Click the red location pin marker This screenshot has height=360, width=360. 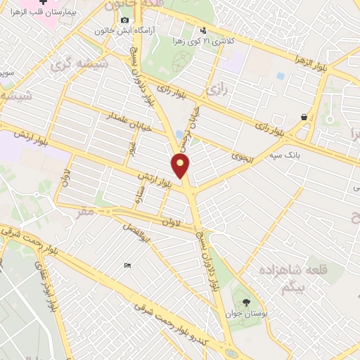point(181,165)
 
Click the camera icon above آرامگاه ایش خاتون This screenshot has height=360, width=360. point(124,20)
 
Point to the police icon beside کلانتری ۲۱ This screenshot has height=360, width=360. point(203,30)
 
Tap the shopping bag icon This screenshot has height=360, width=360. point(304,117)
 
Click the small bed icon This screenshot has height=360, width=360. point(127,265)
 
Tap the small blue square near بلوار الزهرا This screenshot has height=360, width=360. point(281,75)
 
